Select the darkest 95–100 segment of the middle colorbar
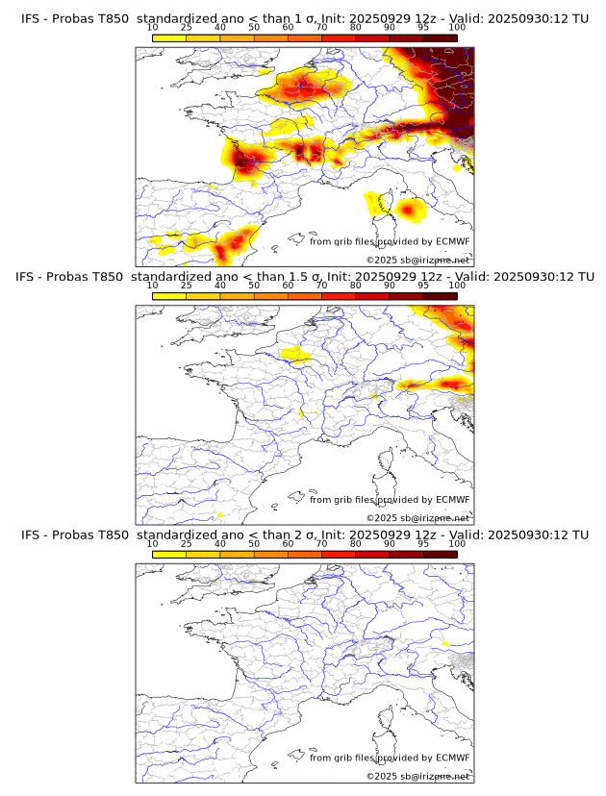440,296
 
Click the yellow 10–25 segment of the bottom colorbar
169,555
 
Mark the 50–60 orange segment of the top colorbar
270,38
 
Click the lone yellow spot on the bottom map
444,642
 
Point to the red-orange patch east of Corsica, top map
412,208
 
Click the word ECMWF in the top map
452,241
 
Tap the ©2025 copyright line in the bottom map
417,776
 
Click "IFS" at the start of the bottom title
31,535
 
